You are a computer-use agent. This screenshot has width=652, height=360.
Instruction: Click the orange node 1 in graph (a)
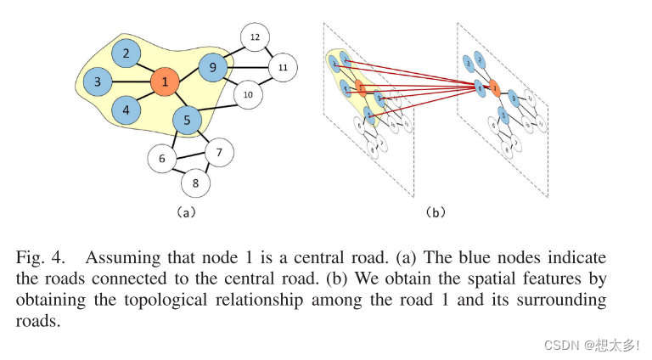[163, 82]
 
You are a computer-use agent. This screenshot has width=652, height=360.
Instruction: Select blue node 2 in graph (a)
[126, 54]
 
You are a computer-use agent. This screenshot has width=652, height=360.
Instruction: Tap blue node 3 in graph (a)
[98, 82]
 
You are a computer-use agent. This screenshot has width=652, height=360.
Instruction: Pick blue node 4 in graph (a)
[126, 110]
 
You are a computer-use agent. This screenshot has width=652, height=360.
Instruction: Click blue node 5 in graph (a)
[186, 121]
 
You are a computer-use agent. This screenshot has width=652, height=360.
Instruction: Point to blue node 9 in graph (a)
[213, 65]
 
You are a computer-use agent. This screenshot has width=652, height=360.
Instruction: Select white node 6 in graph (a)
[161, 158]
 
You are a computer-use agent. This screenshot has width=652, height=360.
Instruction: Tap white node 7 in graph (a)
[219, 153]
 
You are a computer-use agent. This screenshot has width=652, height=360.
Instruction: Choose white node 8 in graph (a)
[195, 182]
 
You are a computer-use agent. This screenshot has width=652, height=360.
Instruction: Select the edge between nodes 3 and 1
[130, 82]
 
